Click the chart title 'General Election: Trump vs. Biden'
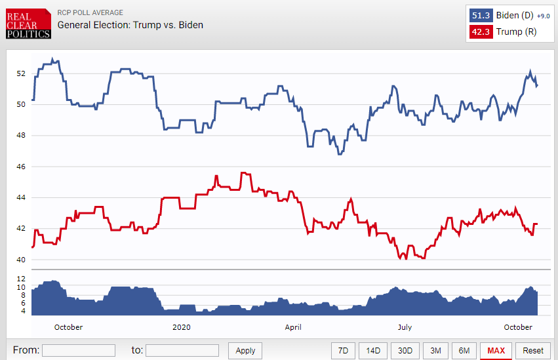click(x=130, y=25)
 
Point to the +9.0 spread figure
click(x=543, y=16)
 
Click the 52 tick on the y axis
click(x=21, y=73)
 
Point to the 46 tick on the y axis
click(x=21, y=167)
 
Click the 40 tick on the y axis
click(x=21, y=260)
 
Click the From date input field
click(x=79, y=350)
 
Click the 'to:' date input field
click(x=182, y=350)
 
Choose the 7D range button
click(x=343, y=350)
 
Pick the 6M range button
click(x=464, y=350)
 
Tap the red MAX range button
click(x=496, y=350)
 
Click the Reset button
click(x=533, y=350)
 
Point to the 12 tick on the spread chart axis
click(x=21, y=279)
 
